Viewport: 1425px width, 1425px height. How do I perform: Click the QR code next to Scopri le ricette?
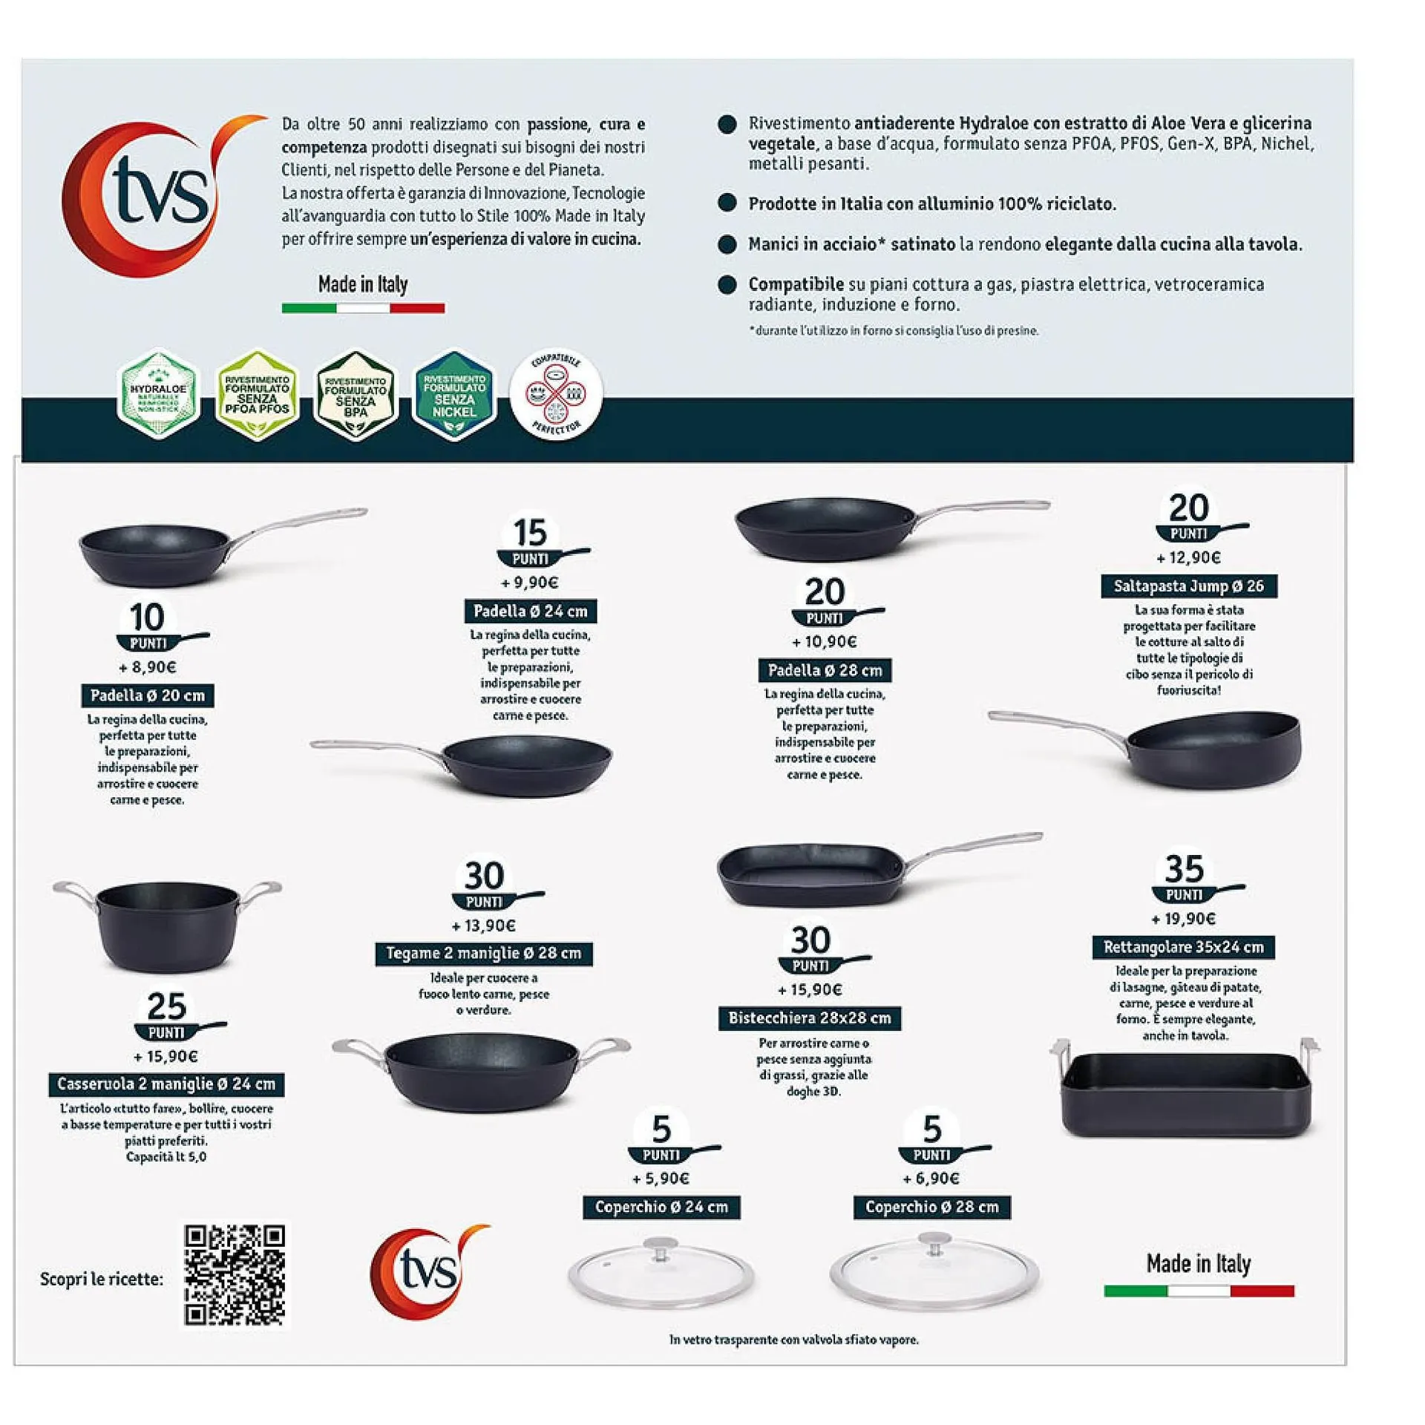[x=234, y=1275]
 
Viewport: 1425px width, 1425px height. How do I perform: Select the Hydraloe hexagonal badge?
[x=158, y=394]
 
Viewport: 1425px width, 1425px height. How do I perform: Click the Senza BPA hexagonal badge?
[x=356, y=396]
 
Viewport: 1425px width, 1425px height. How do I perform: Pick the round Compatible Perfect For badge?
[x=555, y=394]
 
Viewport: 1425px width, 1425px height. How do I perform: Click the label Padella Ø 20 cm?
[x=147, y=695]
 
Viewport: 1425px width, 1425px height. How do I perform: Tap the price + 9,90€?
[x=530, y=583]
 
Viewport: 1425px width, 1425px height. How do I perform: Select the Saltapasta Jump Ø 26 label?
[x=1188, y=586]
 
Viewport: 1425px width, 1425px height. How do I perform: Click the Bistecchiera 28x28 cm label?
[x=809, y=1018]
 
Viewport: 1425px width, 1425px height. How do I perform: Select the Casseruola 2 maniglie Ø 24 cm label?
[x=166, y=1084]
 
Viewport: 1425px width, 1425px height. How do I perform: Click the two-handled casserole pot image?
[x=167, y=924]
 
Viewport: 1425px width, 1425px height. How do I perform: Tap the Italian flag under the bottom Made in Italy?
[x=1199, y=1291]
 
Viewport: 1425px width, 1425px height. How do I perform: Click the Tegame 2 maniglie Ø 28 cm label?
[x=484, y=954]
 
